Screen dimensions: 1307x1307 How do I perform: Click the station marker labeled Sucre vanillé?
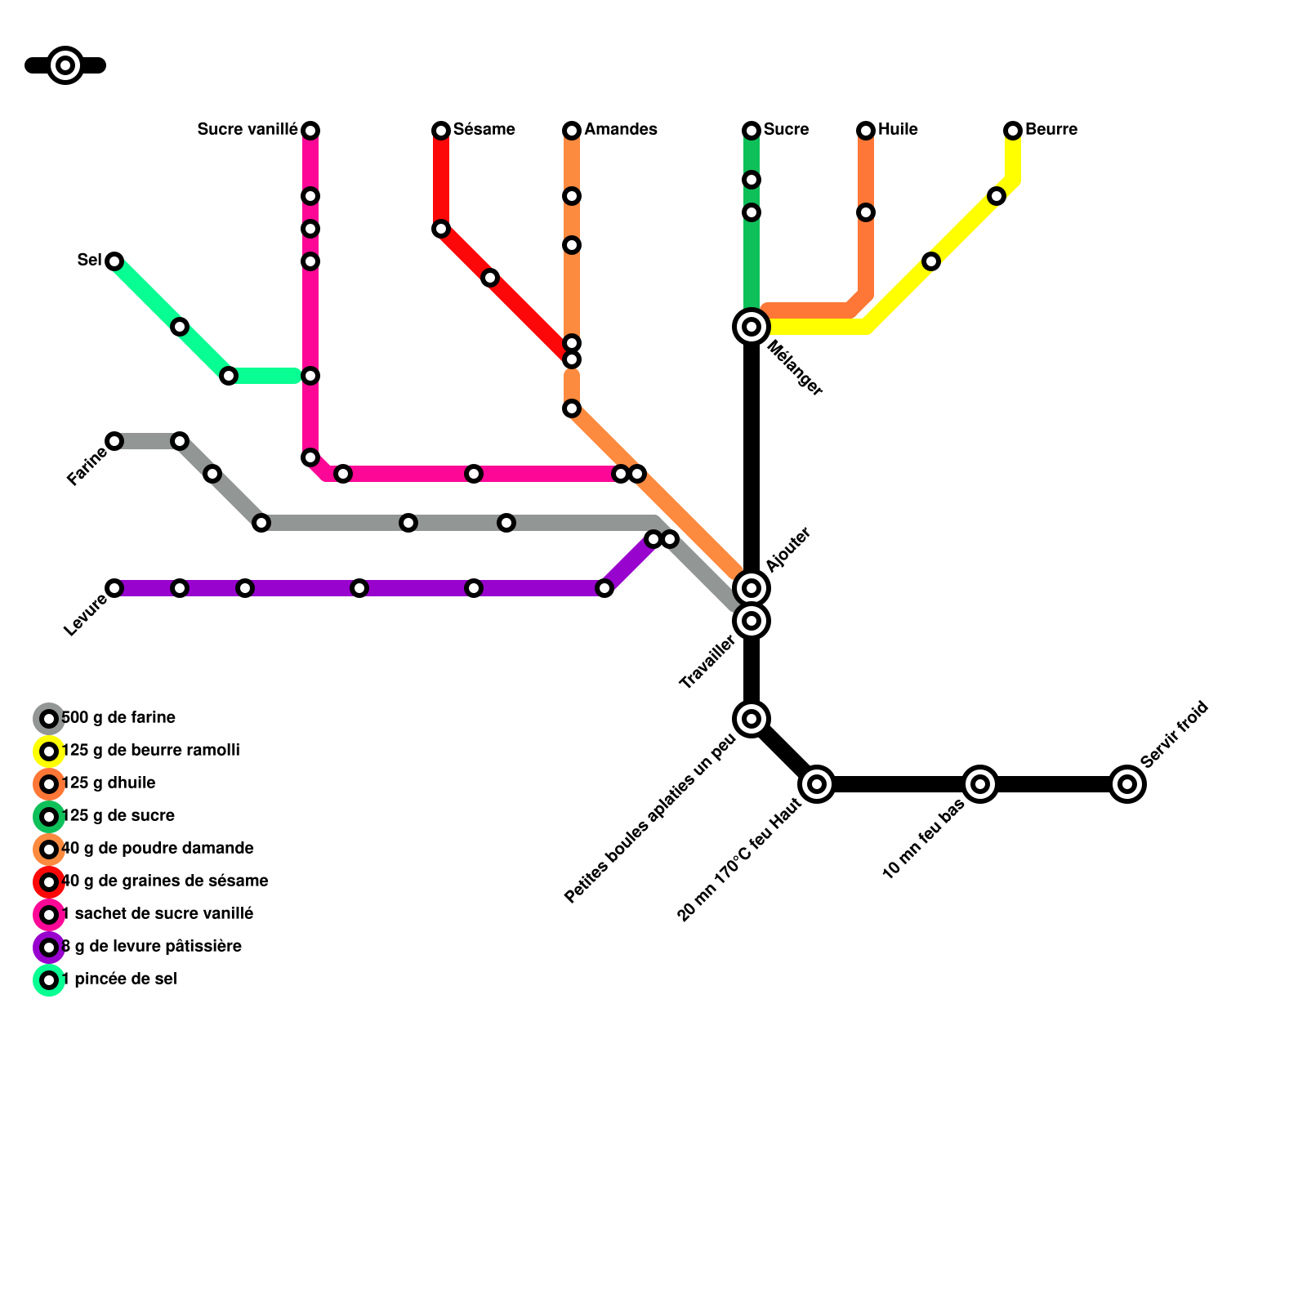click(310, 131)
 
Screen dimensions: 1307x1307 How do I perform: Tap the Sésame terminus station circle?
click(441, 131)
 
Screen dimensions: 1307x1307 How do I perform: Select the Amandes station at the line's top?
click(572, 131)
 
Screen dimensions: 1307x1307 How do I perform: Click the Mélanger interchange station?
click(752, 327)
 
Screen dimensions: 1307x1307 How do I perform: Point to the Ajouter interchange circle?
click(752, 588)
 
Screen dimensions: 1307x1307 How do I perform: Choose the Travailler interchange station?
click(752, 621)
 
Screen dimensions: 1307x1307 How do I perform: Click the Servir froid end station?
click(1127, 784)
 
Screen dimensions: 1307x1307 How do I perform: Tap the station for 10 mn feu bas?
click(980, 784)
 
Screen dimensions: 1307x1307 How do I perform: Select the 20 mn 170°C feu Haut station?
click(817, 784)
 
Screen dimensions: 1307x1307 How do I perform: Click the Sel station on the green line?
click(114, 261)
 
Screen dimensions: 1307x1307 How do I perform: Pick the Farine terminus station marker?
click(114, 441)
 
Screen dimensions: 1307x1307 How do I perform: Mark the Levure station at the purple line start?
click(114, 588)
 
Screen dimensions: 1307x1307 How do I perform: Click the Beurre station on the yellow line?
click(1013, 131)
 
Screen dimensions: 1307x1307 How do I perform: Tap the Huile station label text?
click(898, 130)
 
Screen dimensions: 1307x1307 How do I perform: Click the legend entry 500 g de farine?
click(119, 718)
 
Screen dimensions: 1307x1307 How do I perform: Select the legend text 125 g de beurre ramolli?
click(151, 751)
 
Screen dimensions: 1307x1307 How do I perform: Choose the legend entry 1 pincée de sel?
click(120, 979)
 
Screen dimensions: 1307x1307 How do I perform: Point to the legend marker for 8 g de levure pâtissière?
click(49, 948)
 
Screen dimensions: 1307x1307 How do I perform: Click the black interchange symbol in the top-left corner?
click(65, 65)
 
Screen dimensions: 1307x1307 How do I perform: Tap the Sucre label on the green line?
click(787, 130)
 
